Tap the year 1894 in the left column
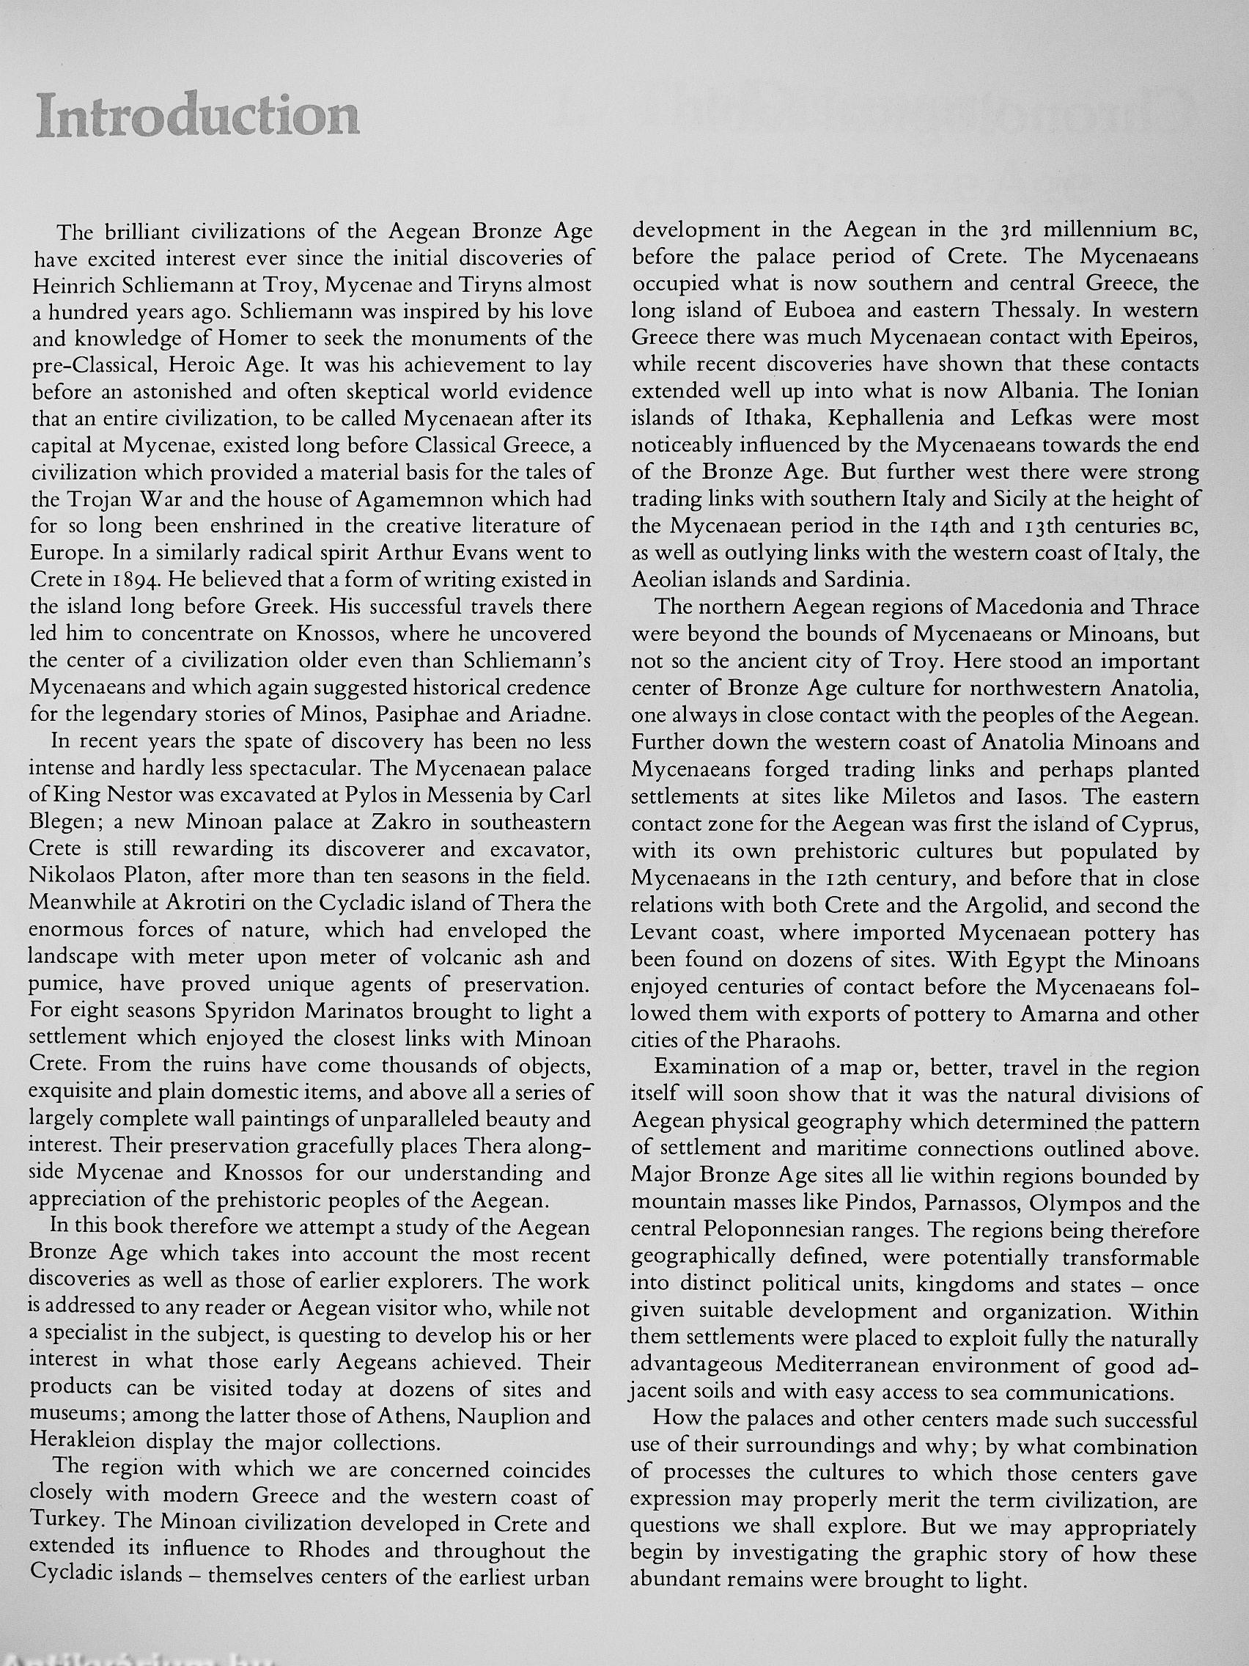pyautogui.click(x=123, y=581)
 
